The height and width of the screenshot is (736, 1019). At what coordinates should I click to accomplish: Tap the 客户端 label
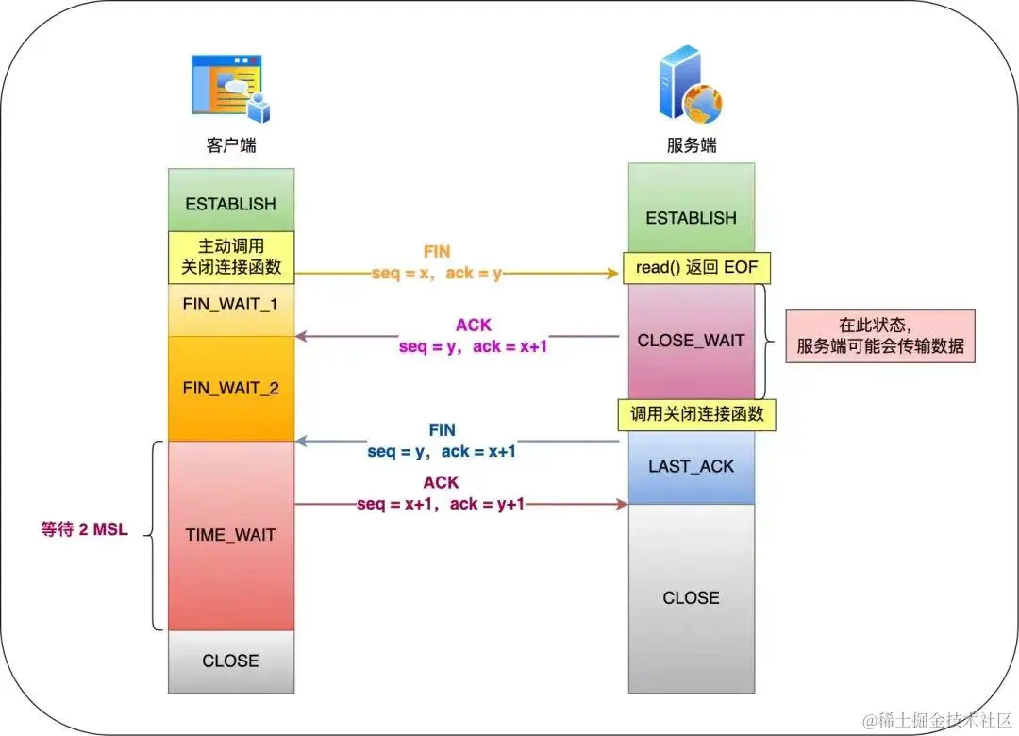coord(231,146)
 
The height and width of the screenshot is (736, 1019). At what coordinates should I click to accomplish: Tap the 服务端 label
coord(690,146)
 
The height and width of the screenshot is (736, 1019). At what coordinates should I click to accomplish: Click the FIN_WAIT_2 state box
coord(231,388)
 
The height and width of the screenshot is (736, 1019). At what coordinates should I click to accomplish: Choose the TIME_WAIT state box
coord(231,534)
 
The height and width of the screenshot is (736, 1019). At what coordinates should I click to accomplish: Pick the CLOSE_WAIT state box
coord(692,340)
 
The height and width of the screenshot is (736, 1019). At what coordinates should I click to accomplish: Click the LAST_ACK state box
coord(692,466)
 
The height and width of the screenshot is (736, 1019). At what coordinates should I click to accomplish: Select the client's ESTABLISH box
coord(231,203)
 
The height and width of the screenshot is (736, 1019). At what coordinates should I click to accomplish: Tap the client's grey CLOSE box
coord(231,661)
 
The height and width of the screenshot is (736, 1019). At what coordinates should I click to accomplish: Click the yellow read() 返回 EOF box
coord(697,269)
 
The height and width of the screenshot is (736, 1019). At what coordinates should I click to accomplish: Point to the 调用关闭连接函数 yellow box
coord(697,414)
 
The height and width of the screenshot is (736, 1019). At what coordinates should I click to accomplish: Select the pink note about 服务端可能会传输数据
coord(880,336)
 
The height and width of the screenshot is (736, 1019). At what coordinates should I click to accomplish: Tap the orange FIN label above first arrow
coord(438,252)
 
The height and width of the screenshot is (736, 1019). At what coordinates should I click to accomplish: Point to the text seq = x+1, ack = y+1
coord(441,504)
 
